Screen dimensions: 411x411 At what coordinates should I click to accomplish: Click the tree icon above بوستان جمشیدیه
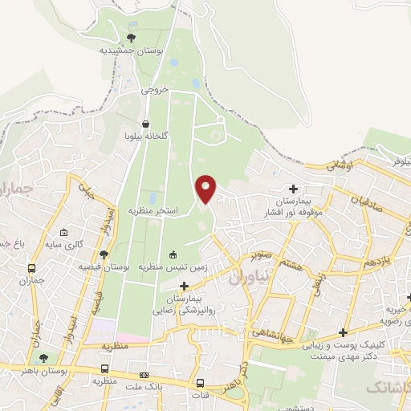click(x=132, y=37)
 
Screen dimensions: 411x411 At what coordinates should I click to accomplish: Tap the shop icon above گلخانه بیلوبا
click(x=145, y=124)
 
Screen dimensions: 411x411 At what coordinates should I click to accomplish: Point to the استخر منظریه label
click(x=153, y=210)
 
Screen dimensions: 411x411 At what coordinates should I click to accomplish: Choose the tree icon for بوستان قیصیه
click(x=104, y=254)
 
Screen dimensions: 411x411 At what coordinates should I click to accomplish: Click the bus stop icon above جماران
click(x=31, y=269)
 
